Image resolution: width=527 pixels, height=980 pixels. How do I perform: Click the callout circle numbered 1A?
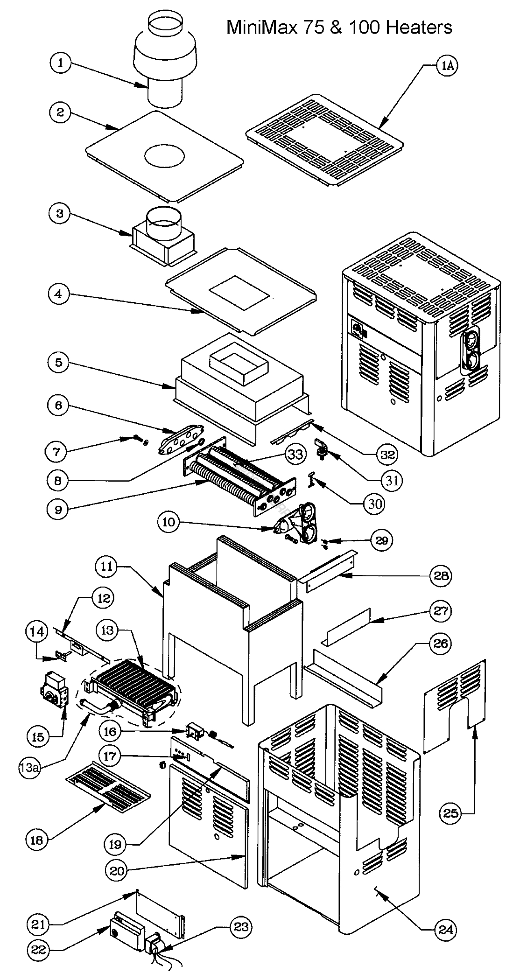click(x=447, y=66)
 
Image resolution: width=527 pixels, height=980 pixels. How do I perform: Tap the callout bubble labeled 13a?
click(x=29, y=768)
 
